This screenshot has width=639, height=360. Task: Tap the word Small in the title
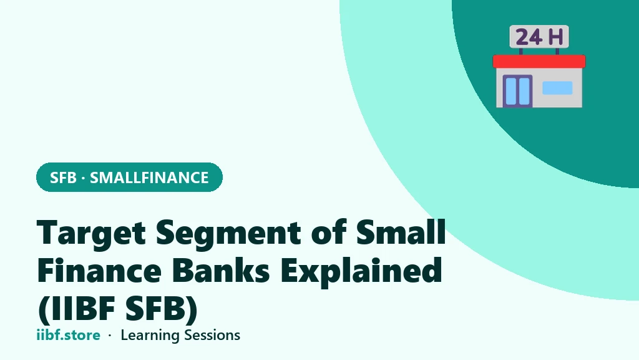[401, 232]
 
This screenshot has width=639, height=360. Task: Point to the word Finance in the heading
[99, 270]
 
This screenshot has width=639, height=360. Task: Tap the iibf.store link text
[69, 335]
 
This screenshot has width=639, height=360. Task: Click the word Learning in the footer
[150, 336]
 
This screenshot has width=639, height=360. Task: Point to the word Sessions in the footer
[212, 335]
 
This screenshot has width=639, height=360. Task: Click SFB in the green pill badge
[63, 177]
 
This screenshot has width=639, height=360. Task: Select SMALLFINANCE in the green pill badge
[149, 177]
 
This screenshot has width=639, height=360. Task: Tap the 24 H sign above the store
[539, 37]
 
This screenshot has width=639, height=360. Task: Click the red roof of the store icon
[539, 62]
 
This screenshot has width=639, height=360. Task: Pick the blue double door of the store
[517, 91]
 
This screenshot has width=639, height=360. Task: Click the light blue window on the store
[557, 87]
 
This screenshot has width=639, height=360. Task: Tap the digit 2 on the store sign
[523, 37]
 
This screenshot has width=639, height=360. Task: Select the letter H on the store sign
[556, 37]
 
